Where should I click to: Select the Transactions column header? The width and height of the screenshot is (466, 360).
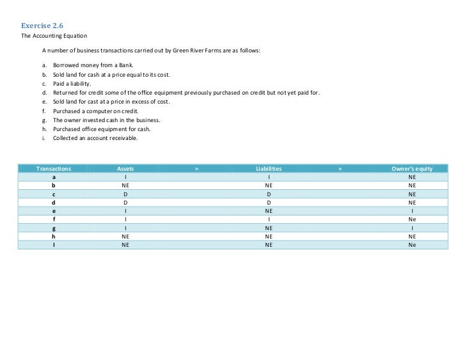tap(54, 169)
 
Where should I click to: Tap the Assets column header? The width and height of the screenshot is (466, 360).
tap(125, 169)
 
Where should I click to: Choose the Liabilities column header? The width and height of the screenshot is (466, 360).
tap(269, 169)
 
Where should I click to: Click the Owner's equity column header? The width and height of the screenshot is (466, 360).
tap(412, 169)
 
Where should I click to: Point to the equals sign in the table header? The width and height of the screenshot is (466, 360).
tap(197, 169)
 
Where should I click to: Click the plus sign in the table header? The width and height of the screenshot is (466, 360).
tap(340, 169)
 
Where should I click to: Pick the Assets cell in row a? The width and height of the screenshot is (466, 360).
tap(125, 177)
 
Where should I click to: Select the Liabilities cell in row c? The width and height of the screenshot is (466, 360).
tap(269, 194)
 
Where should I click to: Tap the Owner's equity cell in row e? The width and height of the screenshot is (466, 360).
tap(412, 210)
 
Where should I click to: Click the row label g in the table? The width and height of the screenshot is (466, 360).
tap(54, 227)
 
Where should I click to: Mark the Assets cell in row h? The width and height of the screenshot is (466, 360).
tap(125, 235)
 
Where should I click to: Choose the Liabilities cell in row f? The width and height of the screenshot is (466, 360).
tap(269, 219)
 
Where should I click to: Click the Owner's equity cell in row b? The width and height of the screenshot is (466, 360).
tap(412, 185)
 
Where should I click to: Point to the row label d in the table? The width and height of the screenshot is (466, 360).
tap(54, 202)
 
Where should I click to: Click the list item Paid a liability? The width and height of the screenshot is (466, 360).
tap(72, 83)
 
